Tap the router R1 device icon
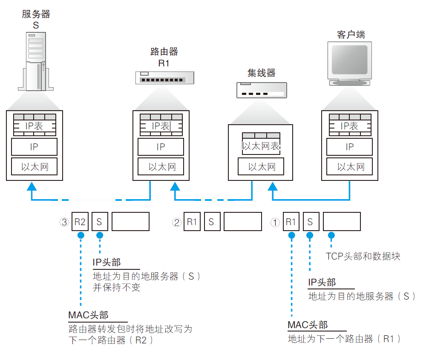[x=164, y=77]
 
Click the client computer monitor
[x=349, y=62]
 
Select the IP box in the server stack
[x=34, y=147]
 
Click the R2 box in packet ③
[x=80, y=222]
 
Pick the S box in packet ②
[x=211, y=222]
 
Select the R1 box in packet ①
[x=291, y=222]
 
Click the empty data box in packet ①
[x=342, y=222]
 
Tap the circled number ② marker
[x=177, y=222]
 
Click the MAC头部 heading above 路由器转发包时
[x=88, y=315]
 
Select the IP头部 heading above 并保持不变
[x=107, y=262]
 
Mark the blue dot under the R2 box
[x=80, y=235]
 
